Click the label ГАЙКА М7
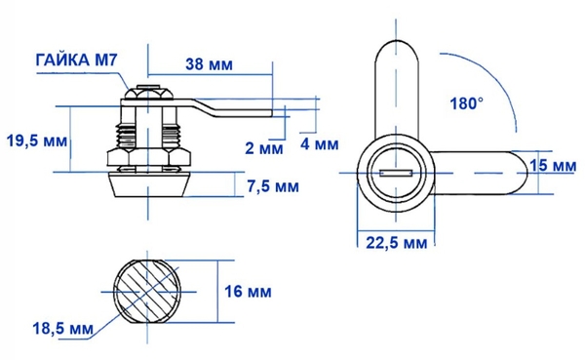[x=76, y=60]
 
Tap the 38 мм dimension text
[x=209, y=64]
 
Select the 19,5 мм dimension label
[x=37, y=140]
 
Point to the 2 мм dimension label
[x=264, y=148]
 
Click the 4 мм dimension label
[x=320, y=143]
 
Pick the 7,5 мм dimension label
[x=273, y=186]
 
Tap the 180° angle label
[x=466, y=103]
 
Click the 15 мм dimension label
[x=553, y=166]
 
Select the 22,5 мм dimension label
[x=396, y=243]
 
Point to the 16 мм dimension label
[x=248, y=292]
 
